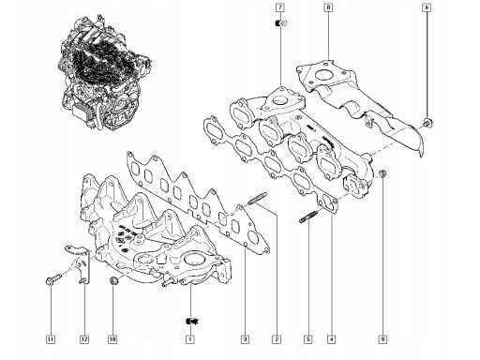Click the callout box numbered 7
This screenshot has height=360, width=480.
280,7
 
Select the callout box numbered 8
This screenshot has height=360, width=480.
328,7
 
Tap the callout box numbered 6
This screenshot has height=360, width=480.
427,7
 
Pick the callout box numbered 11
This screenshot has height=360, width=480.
51,339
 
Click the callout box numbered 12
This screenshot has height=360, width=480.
84,339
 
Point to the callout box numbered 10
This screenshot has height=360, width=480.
112,339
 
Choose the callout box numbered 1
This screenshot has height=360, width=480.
190,339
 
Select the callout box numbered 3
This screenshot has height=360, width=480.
246,339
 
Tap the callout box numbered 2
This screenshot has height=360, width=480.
277,339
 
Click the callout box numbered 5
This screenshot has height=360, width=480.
308,339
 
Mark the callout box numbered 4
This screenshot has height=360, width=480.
332,339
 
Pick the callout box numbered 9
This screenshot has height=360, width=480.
382,339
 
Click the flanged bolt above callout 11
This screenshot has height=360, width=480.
53,279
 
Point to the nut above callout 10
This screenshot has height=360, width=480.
114,280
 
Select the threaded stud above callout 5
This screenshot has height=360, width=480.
308,217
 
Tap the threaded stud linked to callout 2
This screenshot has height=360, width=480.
257,199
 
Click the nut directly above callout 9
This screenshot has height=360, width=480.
382,172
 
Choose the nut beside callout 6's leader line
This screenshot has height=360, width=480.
427,123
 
